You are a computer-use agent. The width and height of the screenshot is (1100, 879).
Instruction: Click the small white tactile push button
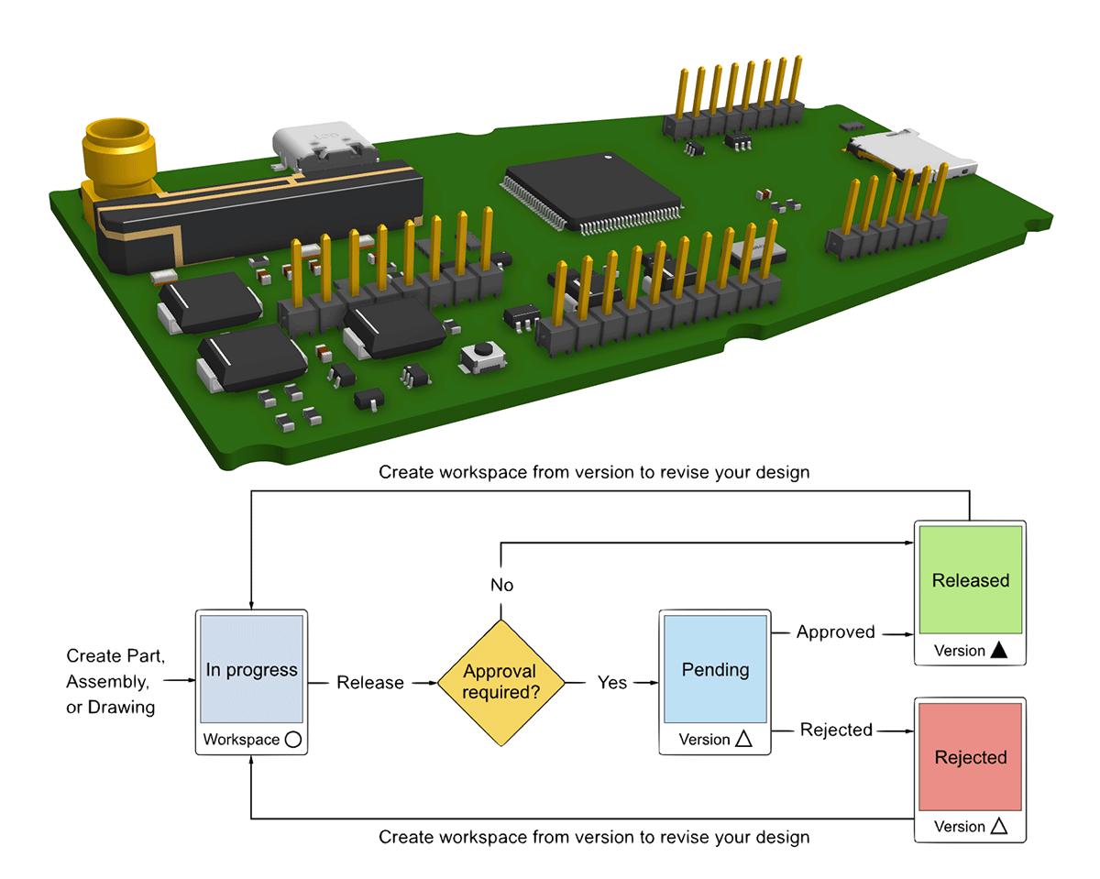click(480, 356)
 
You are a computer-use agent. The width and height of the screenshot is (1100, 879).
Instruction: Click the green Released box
click(970, 580)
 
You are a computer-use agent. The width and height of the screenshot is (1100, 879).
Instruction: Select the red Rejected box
click(970, 757)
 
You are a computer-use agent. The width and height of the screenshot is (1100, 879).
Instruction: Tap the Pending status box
click(715, 669)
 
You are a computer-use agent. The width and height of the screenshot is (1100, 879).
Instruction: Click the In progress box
click(251, 669)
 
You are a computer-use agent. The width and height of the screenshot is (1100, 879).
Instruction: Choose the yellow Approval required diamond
click(500, 683)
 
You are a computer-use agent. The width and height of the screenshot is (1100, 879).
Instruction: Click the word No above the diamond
click(501, 586)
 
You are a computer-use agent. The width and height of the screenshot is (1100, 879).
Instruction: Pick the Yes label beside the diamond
click(612, 683)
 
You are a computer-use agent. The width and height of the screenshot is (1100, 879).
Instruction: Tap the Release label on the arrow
click(369, 683)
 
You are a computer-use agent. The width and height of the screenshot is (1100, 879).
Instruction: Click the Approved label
click(835, 632)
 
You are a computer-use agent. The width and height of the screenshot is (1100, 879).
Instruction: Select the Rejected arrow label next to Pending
click(836, 731)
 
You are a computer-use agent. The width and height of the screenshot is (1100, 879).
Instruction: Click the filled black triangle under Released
click(999, 651)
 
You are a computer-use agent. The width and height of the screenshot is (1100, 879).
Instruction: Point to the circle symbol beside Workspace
click(292, 740)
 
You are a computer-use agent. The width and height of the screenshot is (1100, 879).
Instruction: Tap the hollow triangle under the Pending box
click(744, 740)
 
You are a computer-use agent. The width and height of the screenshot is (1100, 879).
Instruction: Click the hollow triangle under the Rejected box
click(999, 827)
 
